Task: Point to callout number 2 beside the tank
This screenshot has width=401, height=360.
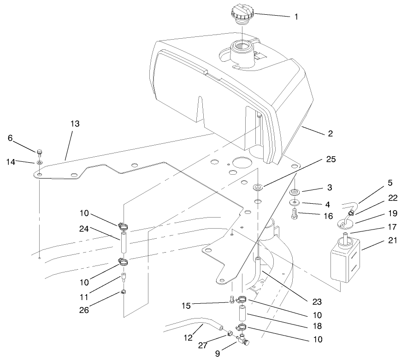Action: click(x=330, y=134)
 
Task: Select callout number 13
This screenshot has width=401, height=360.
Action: click(x=75, y=124)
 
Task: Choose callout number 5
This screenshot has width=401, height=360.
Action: click(x=389, y=183)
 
